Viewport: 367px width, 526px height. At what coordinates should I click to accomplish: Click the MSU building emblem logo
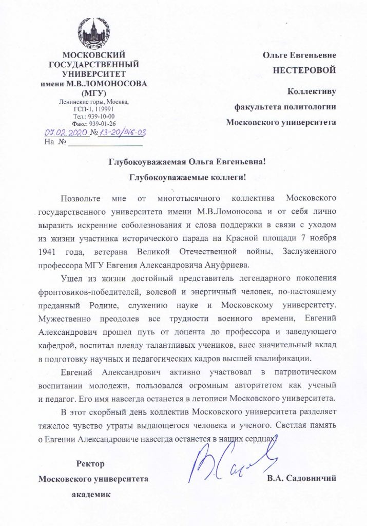[x=94, y=32]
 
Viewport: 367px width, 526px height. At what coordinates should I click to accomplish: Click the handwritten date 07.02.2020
[x=66, y=133]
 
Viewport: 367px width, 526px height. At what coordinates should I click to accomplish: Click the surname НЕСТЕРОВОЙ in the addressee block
[x=307, y=69]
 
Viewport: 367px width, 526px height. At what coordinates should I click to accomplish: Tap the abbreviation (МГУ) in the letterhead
[x=94, y=93]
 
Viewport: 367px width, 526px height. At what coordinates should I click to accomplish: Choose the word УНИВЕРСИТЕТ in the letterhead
[x=94, y=74]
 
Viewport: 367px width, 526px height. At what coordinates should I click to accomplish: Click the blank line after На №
[x=102, y=142]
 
